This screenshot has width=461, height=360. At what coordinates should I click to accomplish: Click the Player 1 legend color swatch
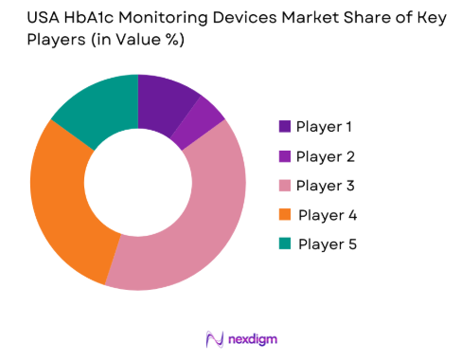coord(285,126)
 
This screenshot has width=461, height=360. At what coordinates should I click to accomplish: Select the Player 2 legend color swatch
coord(285,155)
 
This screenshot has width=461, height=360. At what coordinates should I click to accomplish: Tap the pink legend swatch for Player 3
coord(285,185)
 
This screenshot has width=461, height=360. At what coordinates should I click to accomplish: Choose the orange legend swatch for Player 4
coord(285,215)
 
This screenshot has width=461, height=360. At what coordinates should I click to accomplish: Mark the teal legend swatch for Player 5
coord(285,244)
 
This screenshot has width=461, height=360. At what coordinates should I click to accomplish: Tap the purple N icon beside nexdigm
coord(213,338)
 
